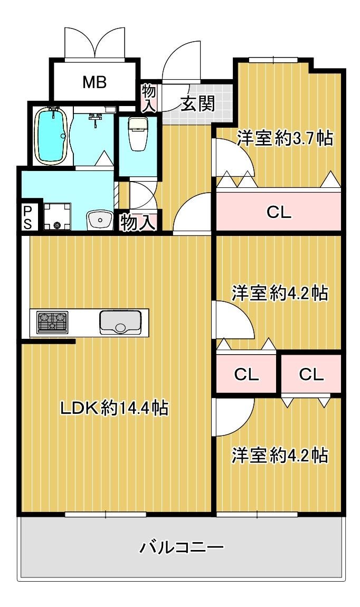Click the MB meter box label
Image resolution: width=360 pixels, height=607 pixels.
pos(94,82)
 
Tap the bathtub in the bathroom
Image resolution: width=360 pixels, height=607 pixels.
pos(52,135)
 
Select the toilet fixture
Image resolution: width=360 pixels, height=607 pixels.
pos(137,134)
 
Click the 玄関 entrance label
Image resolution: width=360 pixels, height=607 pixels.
pos(198,104)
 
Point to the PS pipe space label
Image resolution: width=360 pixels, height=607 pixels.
pos(27,217)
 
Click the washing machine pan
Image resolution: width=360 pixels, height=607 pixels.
pos(58,216)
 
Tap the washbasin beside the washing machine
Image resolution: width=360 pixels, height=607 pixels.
pos(100,220)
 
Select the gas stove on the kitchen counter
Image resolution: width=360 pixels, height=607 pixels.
pos(52,321)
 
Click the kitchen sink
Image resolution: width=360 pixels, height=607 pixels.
pos(120,322)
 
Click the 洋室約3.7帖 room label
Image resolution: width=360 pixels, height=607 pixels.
pos(285,138)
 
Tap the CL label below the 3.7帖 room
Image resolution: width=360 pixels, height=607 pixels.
pos(279,212)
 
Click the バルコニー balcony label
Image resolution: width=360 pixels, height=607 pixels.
pos(182,547)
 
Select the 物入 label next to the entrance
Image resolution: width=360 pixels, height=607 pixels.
pos(149,98)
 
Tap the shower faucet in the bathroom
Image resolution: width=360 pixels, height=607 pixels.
pos(95,118)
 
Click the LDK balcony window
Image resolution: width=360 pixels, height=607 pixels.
pos(105,514)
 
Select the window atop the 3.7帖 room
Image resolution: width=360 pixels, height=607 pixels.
pos(273,60)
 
